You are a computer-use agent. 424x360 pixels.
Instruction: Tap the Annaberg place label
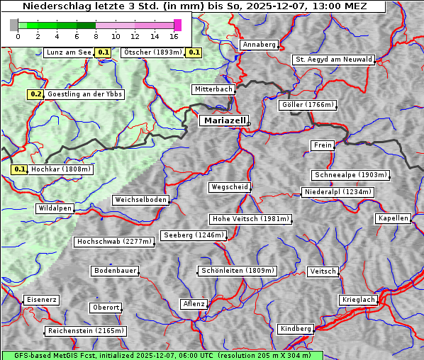(x=259, y=45)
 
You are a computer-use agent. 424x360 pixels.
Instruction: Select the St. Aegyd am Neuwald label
(x=333, y=60)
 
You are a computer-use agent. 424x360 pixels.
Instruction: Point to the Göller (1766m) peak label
(x=307, y=105)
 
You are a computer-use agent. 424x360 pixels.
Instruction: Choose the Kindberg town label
(x=296, y=329)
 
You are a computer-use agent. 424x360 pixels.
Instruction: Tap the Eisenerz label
(x=41, y=300)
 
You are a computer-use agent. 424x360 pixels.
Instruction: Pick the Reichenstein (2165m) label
(x=86, y=331)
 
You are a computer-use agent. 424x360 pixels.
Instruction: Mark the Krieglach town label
(x=358, y=300)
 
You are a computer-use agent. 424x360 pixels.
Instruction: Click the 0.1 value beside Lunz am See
(x=104, y=52)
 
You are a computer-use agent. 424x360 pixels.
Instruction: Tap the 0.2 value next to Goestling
(x=36, y=94)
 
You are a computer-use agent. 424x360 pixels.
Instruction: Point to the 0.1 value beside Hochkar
(x=20, y=169)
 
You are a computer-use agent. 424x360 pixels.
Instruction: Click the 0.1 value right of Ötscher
(x=194, y=52)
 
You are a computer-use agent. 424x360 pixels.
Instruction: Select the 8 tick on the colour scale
(x=96, y=36)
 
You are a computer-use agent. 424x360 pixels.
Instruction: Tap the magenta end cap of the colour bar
(x=177, y=25)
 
